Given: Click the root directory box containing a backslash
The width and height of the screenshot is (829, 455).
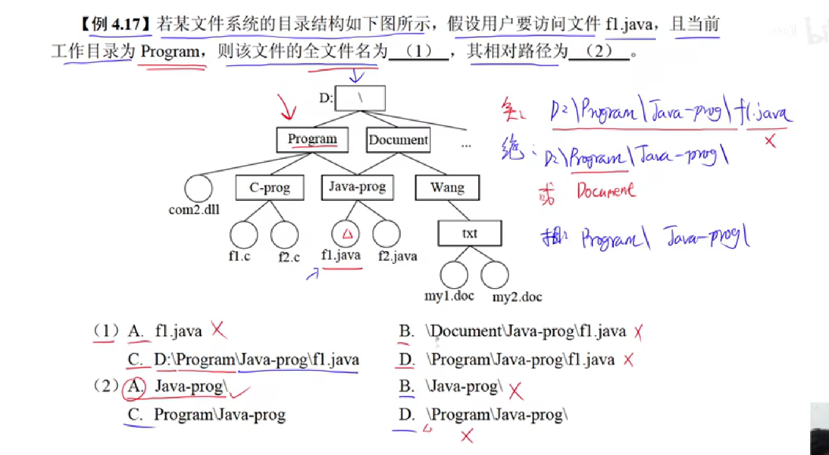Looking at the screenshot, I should tap(360, 98).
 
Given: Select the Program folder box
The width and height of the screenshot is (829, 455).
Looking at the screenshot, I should tap(312, 140).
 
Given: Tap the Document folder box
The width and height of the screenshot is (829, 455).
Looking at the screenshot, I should tap(398, 140).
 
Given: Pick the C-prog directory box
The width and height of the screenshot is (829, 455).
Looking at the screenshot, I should tap(270, 187).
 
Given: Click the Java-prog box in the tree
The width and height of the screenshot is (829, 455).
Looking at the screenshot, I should tap(358, 187).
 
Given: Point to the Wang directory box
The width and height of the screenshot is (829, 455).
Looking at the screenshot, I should tap(447, 187).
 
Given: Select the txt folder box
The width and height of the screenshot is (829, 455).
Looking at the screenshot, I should tap(470, 233).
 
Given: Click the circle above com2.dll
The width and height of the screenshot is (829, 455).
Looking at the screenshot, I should tap(198, 188).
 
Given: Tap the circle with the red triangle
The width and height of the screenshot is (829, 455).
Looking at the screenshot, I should tap(345, 234).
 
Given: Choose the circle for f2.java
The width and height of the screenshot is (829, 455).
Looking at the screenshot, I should tap(386, 234).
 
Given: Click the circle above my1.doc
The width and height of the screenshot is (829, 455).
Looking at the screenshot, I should tap(454, 275).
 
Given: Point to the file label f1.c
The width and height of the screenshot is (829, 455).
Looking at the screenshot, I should tap(239, 256).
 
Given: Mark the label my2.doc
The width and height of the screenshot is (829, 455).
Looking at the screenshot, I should tap(517, 297).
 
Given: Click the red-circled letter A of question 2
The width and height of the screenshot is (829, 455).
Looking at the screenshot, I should tap(134, 387).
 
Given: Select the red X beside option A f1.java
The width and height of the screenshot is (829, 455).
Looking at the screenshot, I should tap(218, 329).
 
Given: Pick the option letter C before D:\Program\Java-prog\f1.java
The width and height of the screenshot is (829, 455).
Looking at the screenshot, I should tap(134, 360).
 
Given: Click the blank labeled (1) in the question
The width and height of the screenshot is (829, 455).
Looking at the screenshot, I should tap(419, 51).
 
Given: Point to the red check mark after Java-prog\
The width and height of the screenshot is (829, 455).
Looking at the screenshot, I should tap(239, 392).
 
